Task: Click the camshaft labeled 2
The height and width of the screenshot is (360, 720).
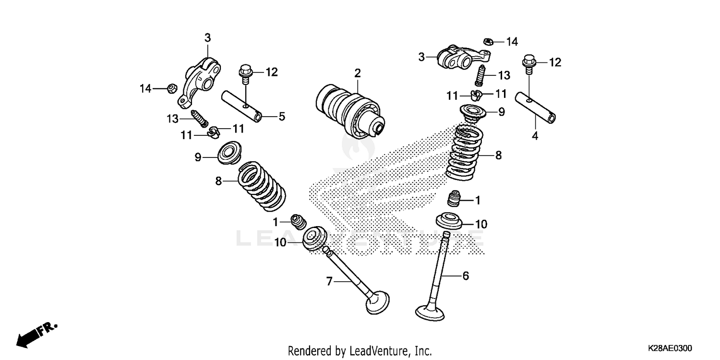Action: point(349,109)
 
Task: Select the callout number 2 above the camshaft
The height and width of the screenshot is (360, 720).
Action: point(357,73)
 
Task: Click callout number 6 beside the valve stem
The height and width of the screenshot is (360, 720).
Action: point(465,276)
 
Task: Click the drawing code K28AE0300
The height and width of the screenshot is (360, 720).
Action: point(670,348)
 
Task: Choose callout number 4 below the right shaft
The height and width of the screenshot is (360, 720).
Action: point(534,136)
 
